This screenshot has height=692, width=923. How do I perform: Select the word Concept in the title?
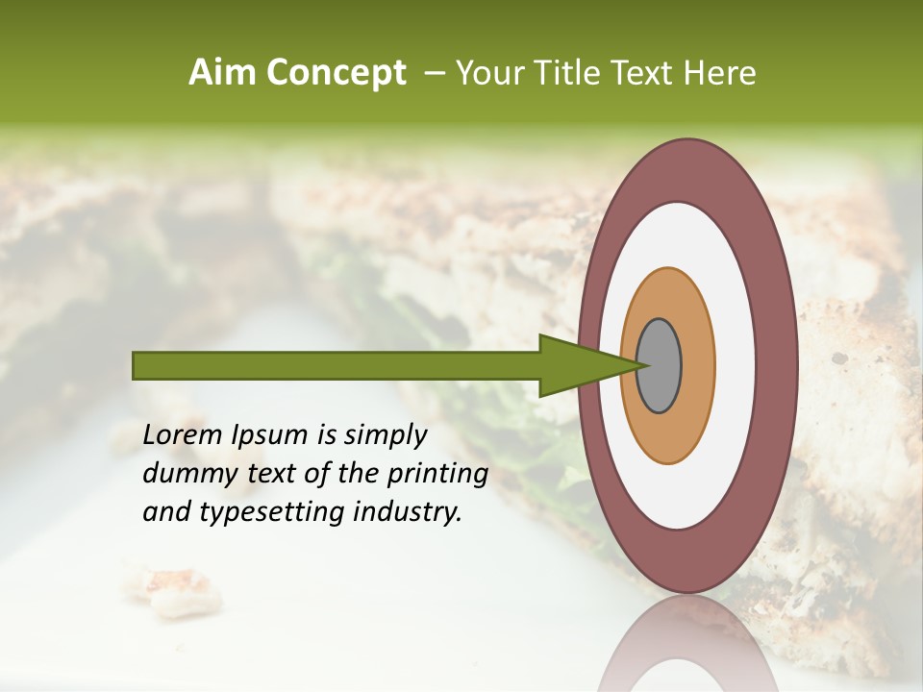coord(337,73)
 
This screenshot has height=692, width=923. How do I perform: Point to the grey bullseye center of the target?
coord(660,365)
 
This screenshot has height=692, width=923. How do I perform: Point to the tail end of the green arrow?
coord(139,365)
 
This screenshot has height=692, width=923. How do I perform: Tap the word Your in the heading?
coord(490,73)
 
